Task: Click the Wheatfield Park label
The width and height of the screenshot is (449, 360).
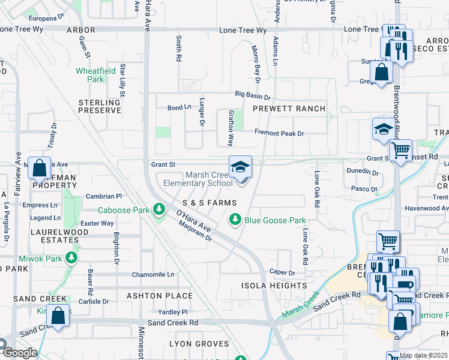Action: pyautogui.click(x=89, y=74)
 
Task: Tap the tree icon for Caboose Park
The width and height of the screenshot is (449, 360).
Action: pyautogui.click(x=158, y=209)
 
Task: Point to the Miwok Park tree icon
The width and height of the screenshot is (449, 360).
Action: pyautogui.click(x=71, y=258)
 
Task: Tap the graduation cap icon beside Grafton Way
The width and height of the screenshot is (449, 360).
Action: pyautogui.click(x=240, y=167)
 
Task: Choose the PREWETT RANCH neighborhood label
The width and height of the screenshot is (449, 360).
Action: pyautogui.click(x=289, y=109)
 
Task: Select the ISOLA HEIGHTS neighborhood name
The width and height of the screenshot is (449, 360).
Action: pyautogui.click(x=274, y=286)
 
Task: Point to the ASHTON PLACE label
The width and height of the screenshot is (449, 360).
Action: pyautogui.click(x=160, y=296)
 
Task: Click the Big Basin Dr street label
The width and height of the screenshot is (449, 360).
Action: pyautogui.click(x=253, y=95)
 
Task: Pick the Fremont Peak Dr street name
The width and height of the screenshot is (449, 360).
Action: pyautogui.click(x=279, y=133)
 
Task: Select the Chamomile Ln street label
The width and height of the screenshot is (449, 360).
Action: pyautogui.click(x=153, y=274)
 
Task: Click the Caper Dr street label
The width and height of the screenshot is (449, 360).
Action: pyautogui.click(x=282, y=272)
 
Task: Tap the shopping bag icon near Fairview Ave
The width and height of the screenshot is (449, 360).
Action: pyautogui.click(x=39, y=168)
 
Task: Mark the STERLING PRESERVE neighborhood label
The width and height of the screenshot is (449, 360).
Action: pyautogui.click(x=100, y=106)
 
